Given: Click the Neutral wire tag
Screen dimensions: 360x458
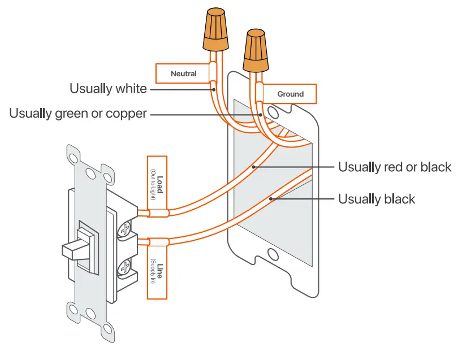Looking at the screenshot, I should [183, 73].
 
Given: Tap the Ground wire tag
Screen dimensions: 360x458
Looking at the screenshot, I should [290, 94].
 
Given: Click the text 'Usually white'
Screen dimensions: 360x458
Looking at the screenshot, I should [108, 89].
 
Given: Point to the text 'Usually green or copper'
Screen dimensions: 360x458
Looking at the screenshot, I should [78, 114].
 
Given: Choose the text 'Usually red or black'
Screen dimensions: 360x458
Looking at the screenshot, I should [395, 167].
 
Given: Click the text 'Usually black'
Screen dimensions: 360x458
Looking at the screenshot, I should [377, 199].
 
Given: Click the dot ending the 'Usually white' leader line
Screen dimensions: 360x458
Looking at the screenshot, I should [214, 89].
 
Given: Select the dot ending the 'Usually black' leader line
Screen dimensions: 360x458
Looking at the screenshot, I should [271, 198].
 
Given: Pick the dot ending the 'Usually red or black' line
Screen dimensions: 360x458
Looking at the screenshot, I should [253, 167].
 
